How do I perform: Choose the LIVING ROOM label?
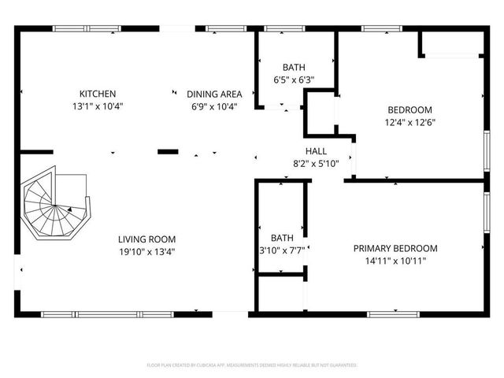point(146,239)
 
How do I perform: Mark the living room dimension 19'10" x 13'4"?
point(146,252)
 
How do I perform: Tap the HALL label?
point(316,151)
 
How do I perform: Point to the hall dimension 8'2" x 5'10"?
point(316,163)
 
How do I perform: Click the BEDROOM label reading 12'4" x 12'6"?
point(409,110)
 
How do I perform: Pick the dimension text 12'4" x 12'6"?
point(409,122)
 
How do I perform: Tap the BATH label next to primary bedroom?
point(281,238)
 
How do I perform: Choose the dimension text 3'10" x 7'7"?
point(281,250)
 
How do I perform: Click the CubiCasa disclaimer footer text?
point(252,365)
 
